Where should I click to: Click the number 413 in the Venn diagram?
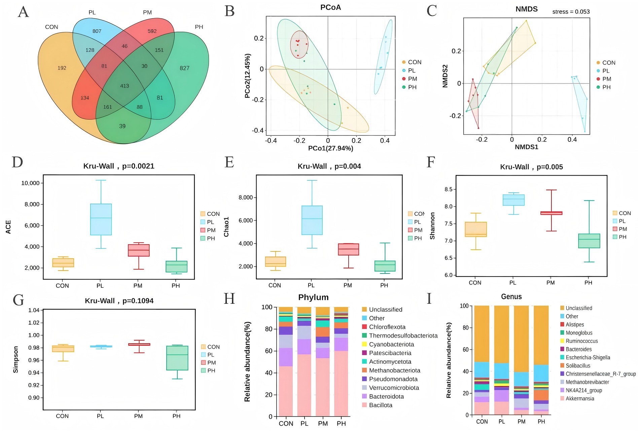coord(125,86)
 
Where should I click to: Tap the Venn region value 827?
coord(184,68)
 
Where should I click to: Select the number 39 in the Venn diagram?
coord(122,126)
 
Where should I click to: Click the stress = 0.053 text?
coord(571,12)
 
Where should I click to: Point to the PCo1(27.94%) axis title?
coord(330,148)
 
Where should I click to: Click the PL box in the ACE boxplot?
coord(101,219)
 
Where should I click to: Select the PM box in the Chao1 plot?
coord(348,249)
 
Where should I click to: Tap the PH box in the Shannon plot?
coord(589,241)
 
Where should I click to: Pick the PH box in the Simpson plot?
coord(177,358)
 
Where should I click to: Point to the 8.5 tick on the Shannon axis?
coord(448,189)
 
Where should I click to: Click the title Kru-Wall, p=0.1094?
coord(119,301)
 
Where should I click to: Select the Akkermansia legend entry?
coord(579,399)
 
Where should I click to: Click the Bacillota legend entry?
coord(380,405)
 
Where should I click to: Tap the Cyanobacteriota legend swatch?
coord(364,344)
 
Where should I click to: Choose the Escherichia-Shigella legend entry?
coord(588,358)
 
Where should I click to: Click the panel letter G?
coord(18,300)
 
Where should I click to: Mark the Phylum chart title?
coord(313,297)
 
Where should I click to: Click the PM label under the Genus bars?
coord(521,422)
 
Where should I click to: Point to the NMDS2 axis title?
coord(445,76)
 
